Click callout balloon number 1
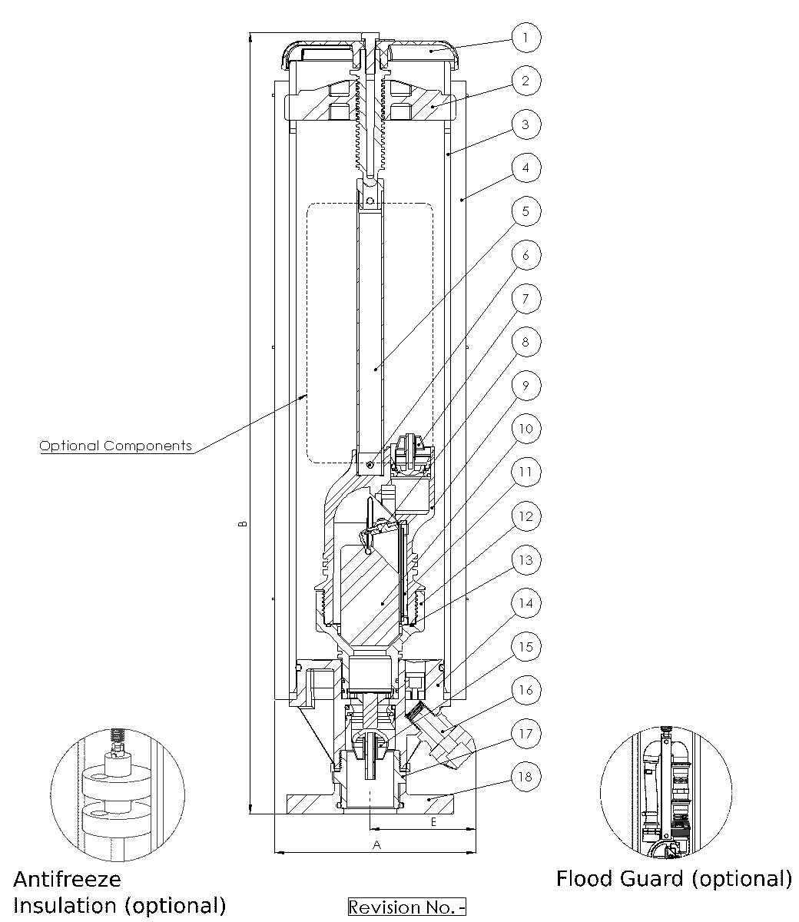click(526, 37)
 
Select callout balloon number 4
click(526, 167)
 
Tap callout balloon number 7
click(526, 298)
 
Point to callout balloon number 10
click(526, 429)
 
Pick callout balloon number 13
click(526, 559)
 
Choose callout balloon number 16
click(526, 690)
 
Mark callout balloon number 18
click(526, 776)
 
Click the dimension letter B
click(242, 524)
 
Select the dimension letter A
click(376, 844)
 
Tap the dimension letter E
click(433, 821)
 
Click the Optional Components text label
click(115, 446)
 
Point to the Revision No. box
click(407, 907)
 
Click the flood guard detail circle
click(665, 792)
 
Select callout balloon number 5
click(526, 211)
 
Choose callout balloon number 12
click(526, 516)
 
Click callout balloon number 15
click(526, 647)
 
